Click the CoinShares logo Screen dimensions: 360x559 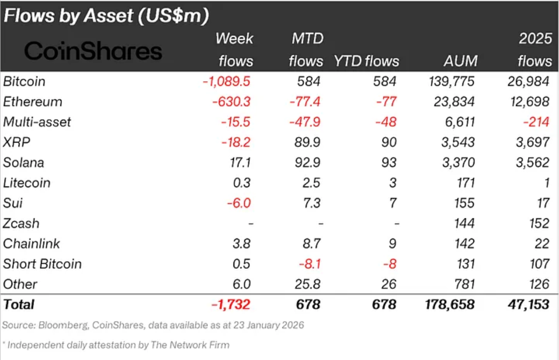pyautogui.click(x=93, y=51)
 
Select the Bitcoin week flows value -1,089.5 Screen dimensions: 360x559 pyautogui.click(x=227, y=81)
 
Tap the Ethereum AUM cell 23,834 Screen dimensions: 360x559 pyautogui.click(x=453, y=102)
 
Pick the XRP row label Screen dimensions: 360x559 pyautogui.click(x=16, y=142)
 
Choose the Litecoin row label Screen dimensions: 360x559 pyautogui.click(x=26, y=183)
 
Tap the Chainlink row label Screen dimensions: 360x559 pyautogui.click(x=31, y=243)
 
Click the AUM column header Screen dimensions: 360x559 pyautogui.click(x=460, y=61)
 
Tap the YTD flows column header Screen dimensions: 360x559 pyautogui.click(x=367, y=61)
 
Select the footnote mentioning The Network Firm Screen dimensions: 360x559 pyautogui.click(x=116, y=345)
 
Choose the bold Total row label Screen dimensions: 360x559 pyautogui.click(x=19, y=304)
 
